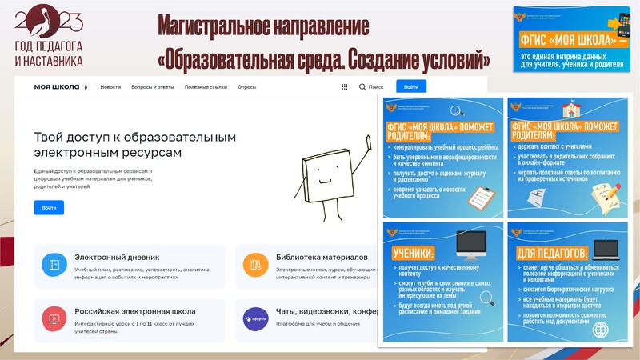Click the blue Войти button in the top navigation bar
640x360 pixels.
pos(411,87)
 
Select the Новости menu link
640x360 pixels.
pos(111,87)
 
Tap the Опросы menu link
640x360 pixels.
pos(247,87)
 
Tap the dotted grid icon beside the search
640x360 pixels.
pos(345,87)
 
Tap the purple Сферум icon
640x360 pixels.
pos(255,318)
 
